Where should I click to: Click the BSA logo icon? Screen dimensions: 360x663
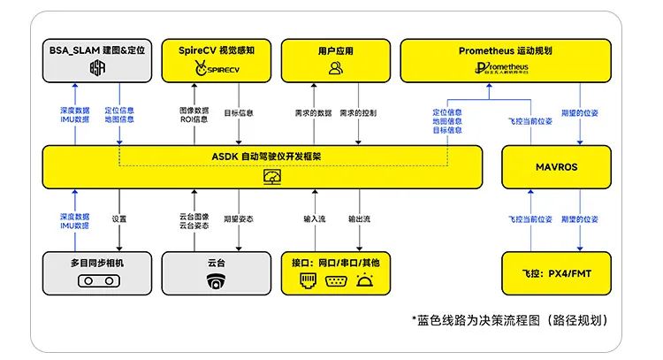coord(97,68)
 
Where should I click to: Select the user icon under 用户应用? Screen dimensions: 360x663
coord(335,68)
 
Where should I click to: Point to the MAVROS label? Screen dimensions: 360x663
coord(556,165)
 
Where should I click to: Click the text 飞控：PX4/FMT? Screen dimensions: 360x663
coord(556,273)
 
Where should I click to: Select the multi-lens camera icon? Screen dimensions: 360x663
coord(96,281)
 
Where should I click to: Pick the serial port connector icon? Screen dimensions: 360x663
coord(335,281)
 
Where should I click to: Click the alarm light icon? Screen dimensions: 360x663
coord(365,281)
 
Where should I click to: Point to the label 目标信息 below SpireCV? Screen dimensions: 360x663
coord(239,113)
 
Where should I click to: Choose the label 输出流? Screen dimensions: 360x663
coord(359,217)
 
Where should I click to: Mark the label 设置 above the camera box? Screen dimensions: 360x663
coord(119,217)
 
